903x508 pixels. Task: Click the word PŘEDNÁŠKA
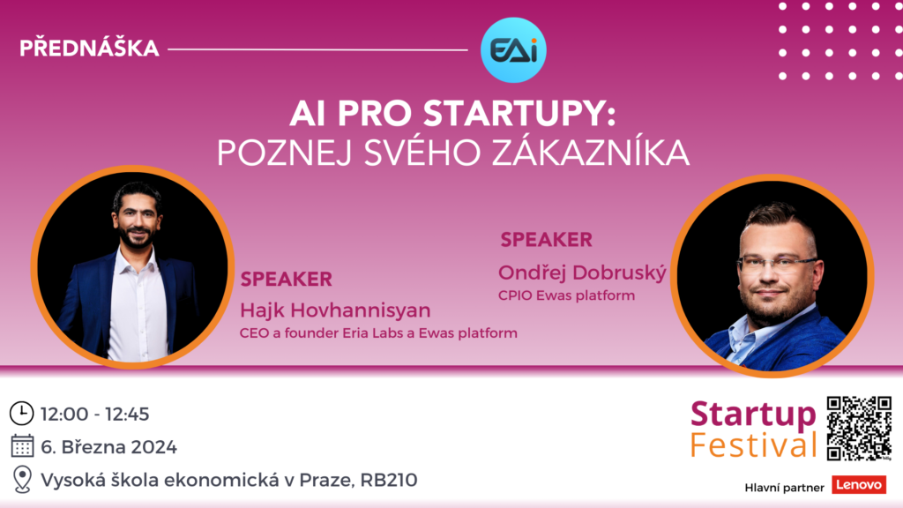click(89, 48)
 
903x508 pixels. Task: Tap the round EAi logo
click(513, 50)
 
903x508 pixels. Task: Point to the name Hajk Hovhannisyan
click(335, 310)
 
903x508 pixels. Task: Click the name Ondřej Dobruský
click(582, 273)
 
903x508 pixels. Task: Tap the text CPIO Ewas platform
click(567, 295)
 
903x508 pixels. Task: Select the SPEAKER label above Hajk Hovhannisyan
click(287, 280)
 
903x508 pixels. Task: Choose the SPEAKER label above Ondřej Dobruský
click(546, 240)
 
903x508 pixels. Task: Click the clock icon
click(22, 414)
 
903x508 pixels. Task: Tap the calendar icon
click(22, 446)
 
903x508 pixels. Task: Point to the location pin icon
click(22, 479)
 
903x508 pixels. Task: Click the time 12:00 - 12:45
click(95, 415)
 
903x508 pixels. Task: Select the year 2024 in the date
click(153, 447)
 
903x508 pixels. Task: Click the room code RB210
click(389, 480)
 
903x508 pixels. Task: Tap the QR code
click(859, 429)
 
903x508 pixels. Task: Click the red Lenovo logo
click(859, 485)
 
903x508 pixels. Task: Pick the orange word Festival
click(753, 445)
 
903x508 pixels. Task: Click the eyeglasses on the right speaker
click(776, 265)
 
